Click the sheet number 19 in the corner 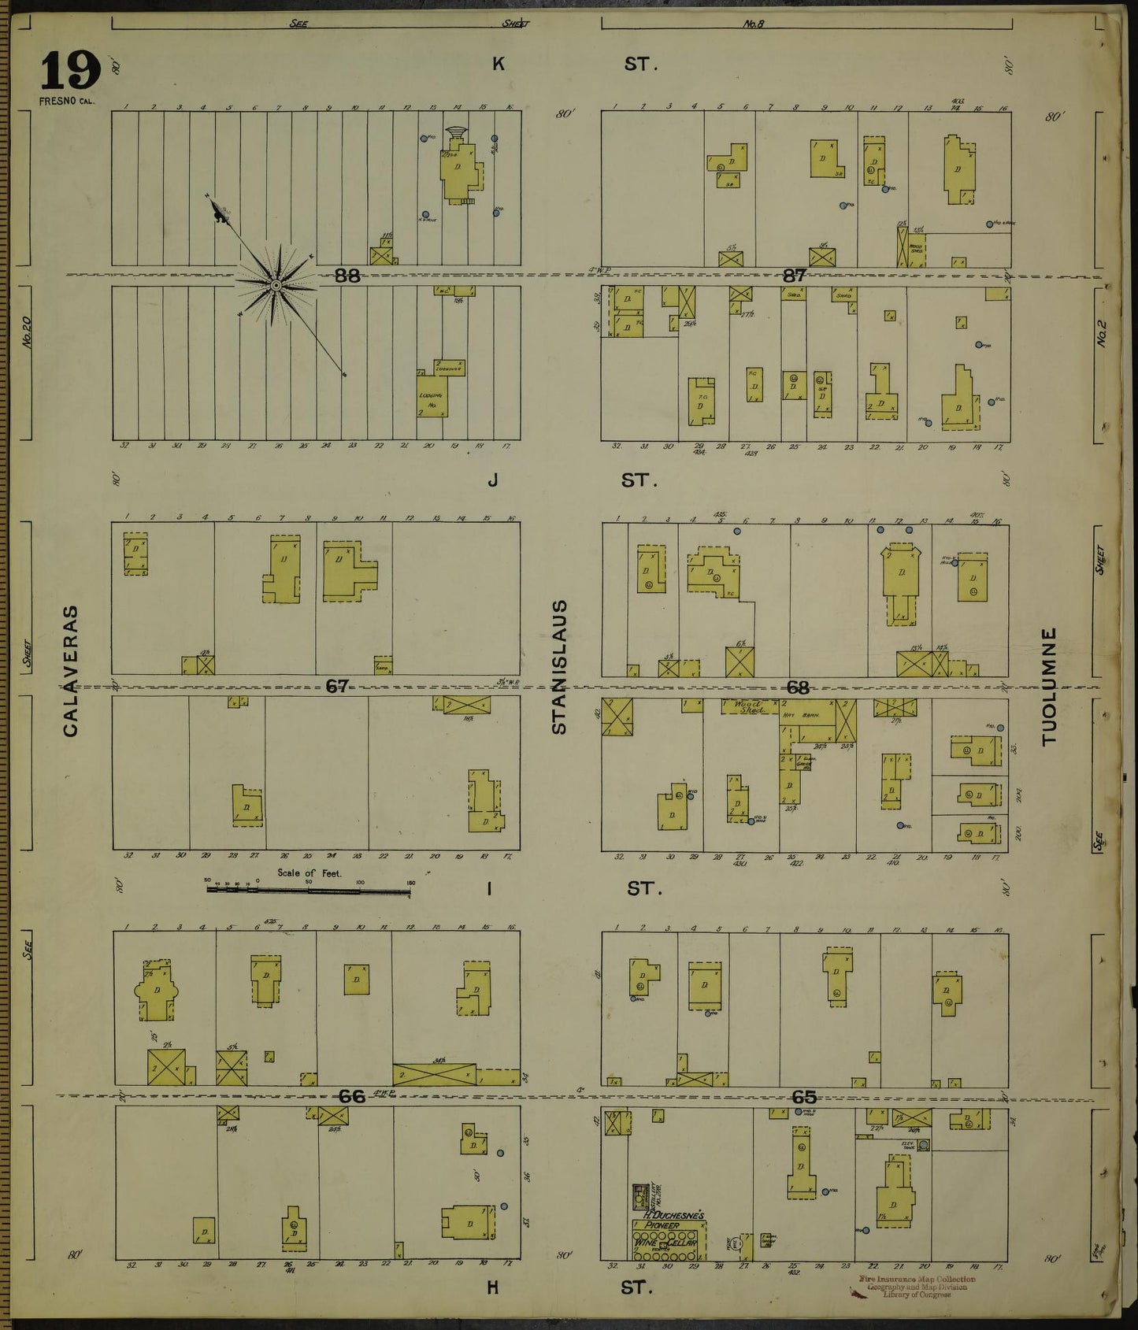(x=70, y=72)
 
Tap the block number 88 (x=347, y=276)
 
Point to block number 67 (x=337, y=687)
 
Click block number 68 (x=798, y=687)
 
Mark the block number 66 (x=352, y=1096)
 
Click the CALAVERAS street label (x=71, y=671)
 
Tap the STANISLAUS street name (x=559, y=667)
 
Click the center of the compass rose (x=276, y=284)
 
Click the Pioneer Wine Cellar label (x=668, y=1227)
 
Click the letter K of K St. (x=498, y=65)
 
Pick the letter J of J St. (x=493, y=479)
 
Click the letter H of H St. (x=493, y=1287)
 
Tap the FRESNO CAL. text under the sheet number (x=65, y=101)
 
